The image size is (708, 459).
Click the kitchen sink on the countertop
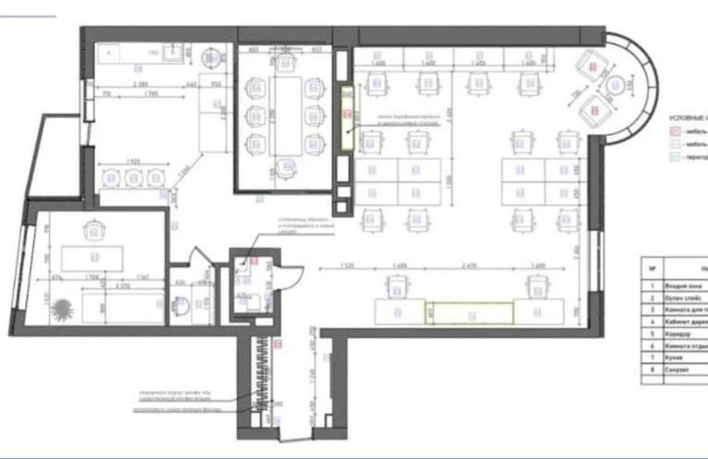(173, 50)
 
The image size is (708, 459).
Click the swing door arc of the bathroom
(292, 273)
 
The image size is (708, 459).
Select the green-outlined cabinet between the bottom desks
(469, 313)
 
